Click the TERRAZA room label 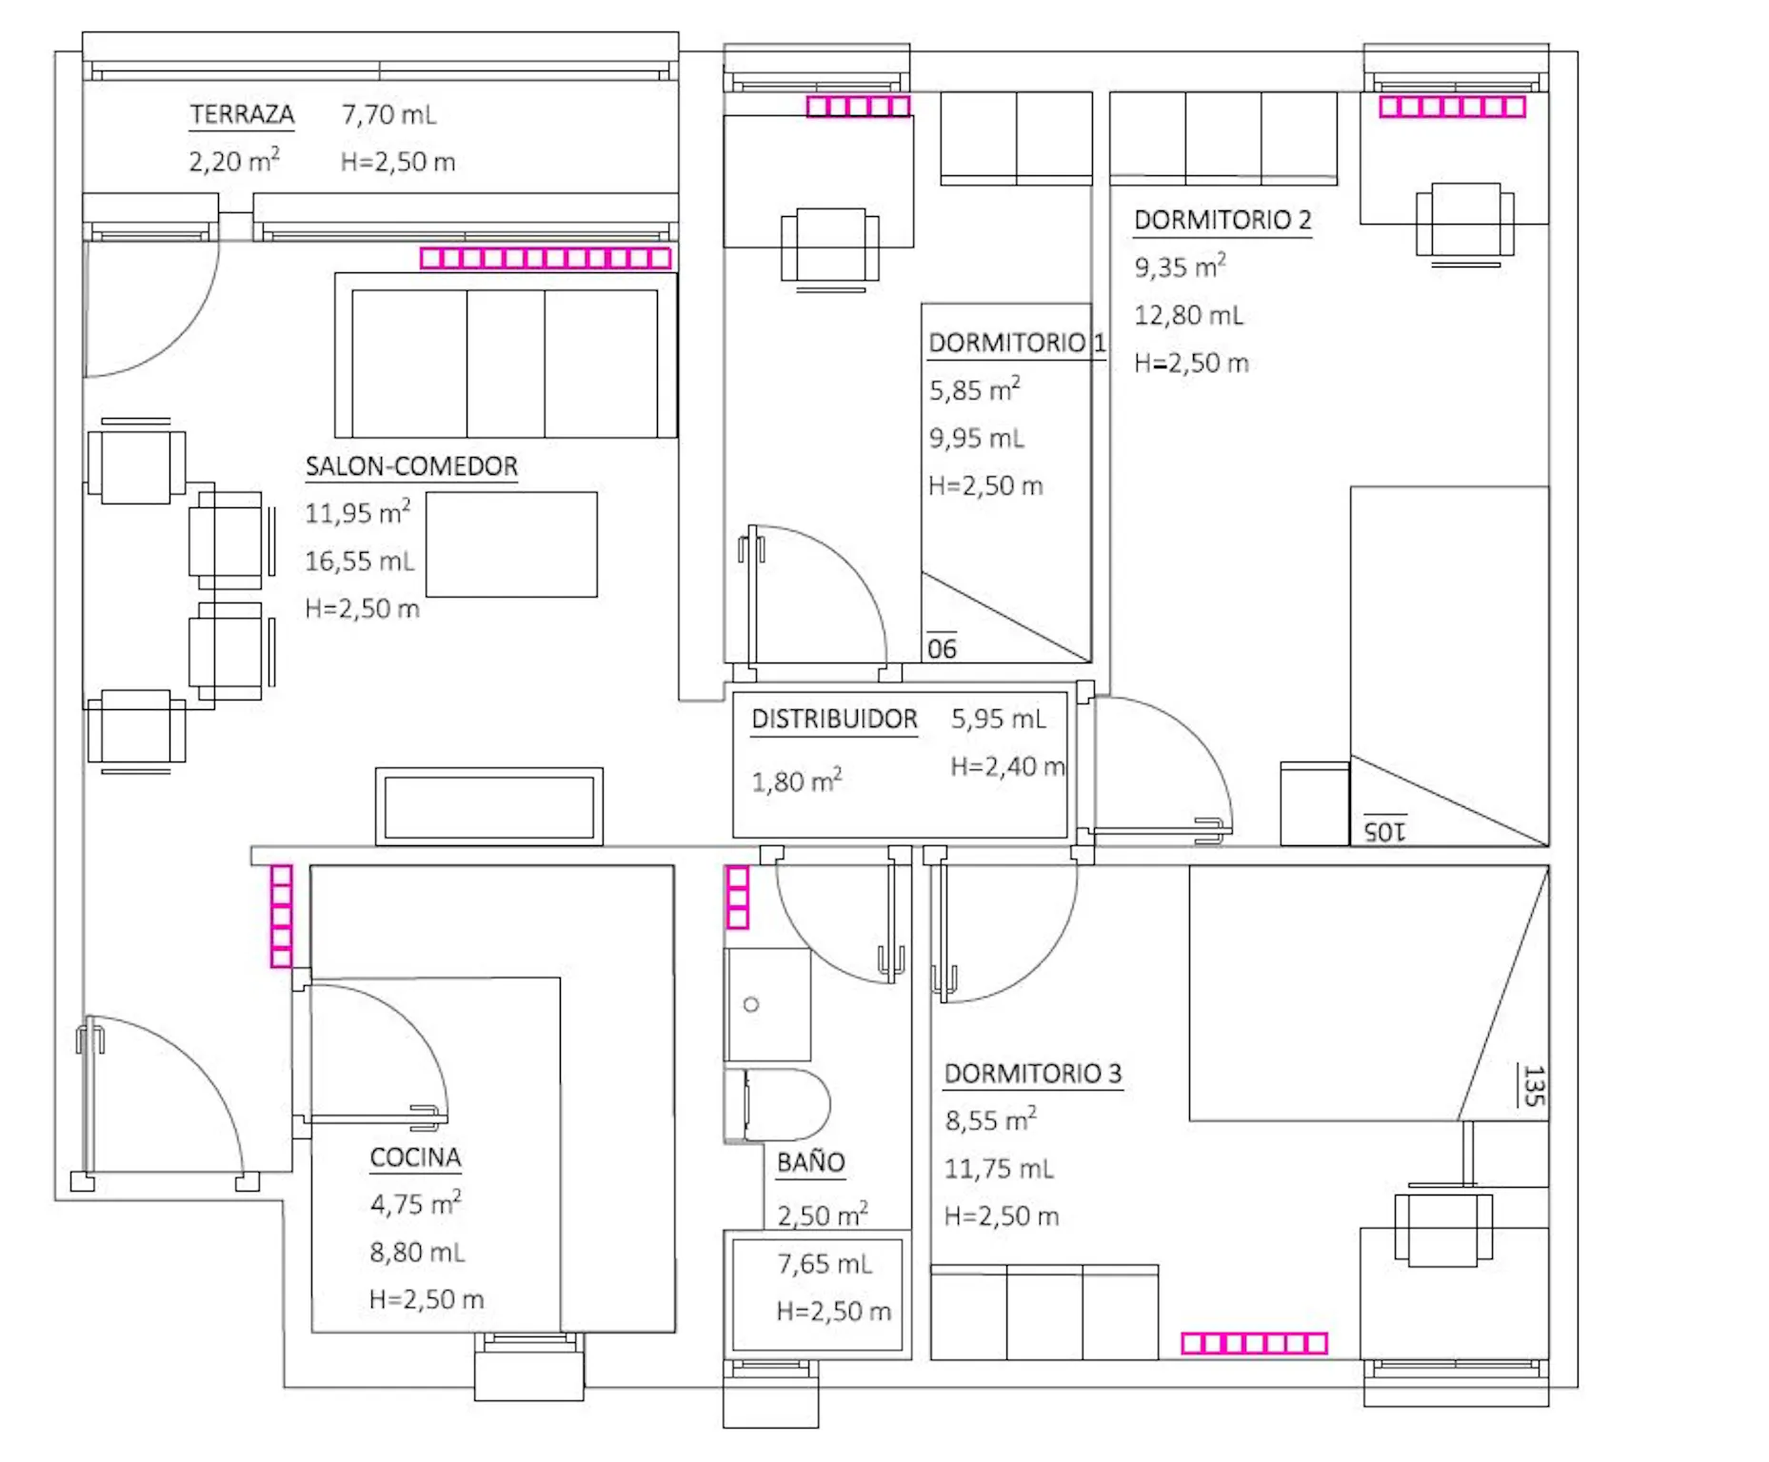pos(242,114)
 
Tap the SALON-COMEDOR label pos(411,466)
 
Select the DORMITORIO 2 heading pos(1222,220)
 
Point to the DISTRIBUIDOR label pos(834,719)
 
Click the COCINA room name pos(415,1157)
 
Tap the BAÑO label pos(810,1161)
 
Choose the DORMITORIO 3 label pos(1033,1074)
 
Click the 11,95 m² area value pos(358,512)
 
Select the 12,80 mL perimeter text pos(1189,315)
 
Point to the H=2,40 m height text pos(1007,766)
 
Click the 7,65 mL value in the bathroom pos(825,1264)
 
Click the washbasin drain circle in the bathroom pos(751,1004)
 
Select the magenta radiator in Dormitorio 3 pos(1254,1343)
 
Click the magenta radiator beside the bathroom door pos(738,897)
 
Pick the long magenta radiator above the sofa pos(546,258)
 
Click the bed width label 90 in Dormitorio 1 pos(942,649)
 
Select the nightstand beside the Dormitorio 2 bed pos(1315,803)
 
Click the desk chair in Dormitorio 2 pos(1465,223)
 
